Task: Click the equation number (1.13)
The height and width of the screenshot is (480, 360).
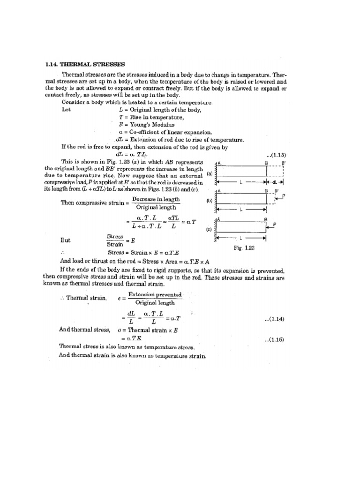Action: (276, 154)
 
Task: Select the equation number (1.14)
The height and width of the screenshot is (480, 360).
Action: (275, 319)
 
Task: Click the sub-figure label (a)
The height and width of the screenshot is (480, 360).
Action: (209, 172)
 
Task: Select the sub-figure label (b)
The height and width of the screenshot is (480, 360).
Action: (209, 200)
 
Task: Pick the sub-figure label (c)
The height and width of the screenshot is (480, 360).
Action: (209, 230)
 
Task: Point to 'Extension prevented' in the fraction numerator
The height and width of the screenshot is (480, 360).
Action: (157, 294)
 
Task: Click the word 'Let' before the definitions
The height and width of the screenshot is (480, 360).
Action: (67, 110)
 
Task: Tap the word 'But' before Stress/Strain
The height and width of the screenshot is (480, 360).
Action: (66, 240)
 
